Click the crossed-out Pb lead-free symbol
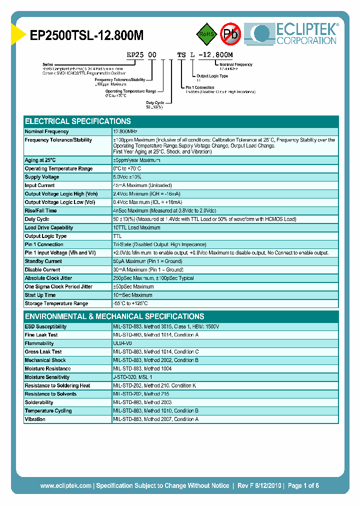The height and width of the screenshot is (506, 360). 230,34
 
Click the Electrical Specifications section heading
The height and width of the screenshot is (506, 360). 78,121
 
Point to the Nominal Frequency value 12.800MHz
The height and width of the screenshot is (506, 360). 129,131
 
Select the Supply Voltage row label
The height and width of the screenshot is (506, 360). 42,177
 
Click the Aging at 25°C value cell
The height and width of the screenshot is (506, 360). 136,160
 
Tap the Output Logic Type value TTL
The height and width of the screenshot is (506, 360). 117,236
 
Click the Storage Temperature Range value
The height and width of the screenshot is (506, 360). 130,303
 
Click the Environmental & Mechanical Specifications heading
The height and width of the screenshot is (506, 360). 114,316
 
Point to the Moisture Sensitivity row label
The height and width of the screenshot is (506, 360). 47,377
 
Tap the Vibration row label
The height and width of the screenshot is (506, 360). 35,419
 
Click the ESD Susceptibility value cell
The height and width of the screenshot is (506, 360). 166,326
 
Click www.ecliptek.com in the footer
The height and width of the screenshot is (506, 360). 65,485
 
